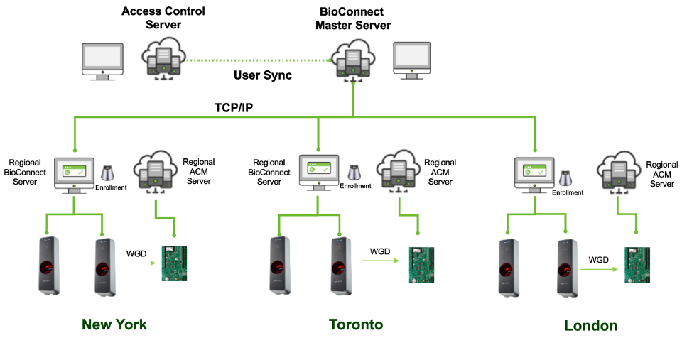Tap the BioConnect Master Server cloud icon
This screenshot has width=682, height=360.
pyautogui.click(x=353, y=58)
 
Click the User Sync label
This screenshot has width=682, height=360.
pyautogui.click(x=263, y=76)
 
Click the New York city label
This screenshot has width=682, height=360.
pyautogui.click(x=114, y=324)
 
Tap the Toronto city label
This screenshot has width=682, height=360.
pyautogui.click(x=356, y=324)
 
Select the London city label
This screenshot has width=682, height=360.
pyautogui.click(x=590, y=326)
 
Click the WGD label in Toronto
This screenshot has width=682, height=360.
pyautogui.click(x=381, y=251)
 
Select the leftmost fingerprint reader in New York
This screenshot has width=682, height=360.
pyautogui.click(x=48, y=266)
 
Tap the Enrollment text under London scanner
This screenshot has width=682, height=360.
pyautogui.click(x=568, y=192)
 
